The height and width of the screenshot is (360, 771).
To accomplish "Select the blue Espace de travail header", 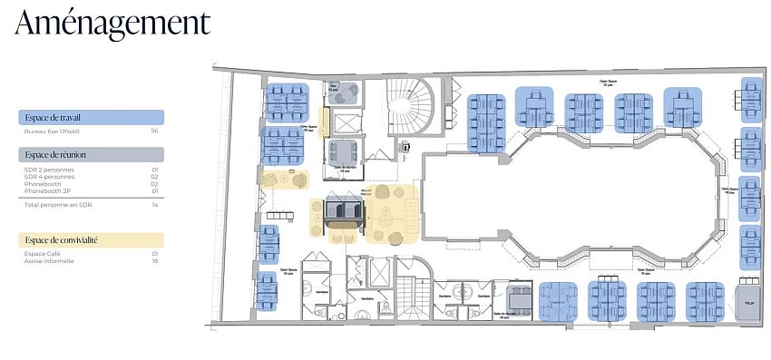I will (x=91, y=117).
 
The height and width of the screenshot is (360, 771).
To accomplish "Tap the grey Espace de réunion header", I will (x=91, y=155).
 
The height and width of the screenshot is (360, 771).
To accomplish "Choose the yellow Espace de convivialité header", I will (x=91, y=240).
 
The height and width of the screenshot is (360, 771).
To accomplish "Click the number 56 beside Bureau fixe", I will (x=155, y=131).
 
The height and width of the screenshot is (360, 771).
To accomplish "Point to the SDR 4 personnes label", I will (x=50, y=177).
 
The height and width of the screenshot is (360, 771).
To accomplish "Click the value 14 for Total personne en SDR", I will (x=155, y=206).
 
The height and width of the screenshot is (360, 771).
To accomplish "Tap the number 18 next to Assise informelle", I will (x=155, y=261).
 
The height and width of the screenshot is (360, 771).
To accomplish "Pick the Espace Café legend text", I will (x=42, y=254).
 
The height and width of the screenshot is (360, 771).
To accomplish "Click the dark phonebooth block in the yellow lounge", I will (x=345, y=211).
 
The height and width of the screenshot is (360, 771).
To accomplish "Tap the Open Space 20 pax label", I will (x=596, y=82).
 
